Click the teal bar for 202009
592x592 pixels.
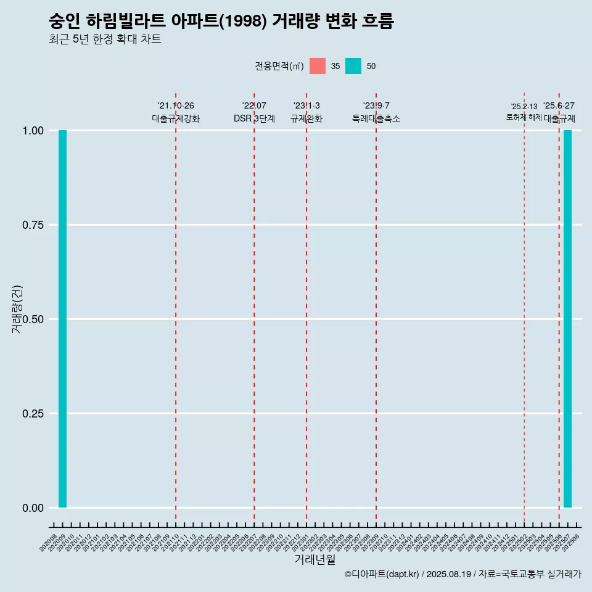tap(62, 319)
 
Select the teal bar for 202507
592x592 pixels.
tap(567, 319)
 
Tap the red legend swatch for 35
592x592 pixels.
tap(318, 66)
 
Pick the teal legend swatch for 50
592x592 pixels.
tap(353, 66)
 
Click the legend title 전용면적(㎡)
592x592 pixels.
tap(279, 67)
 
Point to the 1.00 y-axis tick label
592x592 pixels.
tap(33, 131)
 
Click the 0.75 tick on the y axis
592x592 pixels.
tap(33, 225)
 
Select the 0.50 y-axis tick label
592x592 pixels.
tap(33, 319)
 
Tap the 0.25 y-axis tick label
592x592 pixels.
tap(33, 414)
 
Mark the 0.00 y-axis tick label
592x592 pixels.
tap(33, 508)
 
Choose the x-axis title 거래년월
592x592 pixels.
tap(314, 559)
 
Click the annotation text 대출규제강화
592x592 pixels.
tap(176, 118)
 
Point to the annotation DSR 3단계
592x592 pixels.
tap(254, 118)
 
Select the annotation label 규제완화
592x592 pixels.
tap(306, 118)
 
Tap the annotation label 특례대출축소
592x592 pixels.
tap(376, 118)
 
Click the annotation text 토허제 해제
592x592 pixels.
tap(524, 117)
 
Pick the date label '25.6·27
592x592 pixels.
tap(559, 106)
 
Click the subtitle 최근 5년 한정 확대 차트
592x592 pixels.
tap(105, 39)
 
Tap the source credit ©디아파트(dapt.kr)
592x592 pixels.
tap(382, 574)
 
